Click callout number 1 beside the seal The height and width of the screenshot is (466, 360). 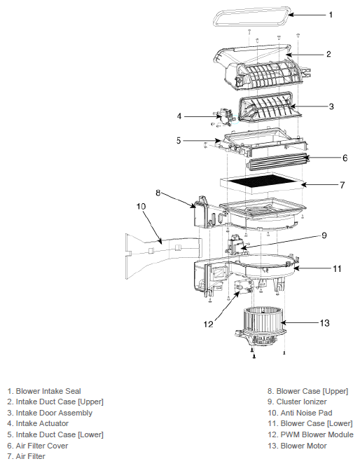click(x=331, y=15)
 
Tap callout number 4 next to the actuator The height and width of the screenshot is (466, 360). click(x=179, y=116)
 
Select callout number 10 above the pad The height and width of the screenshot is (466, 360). click(x=141, y=206)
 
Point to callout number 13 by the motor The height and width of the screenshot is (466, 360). click(x=325, y=323)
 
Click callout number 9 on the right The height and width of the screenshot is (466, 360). click(x=324, y=235)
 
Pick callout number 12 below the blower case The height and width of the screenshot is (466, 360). click(x=209, y=324)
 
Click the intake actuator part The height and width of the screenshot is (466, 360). click(x=224, y=117)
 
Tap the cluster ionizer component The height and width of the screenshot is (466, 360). click(x=235, y=245)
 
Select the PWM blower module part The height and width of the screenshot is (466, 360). click(x=244, y=287)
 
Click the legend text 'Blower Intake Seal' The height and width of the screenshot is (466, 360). click(x=44, y=391)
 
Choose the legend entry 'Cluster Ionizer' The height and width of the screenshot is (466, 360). click(x=297, y=402)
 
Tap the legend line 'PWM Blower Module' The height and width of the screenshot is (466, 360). click(x=310, y=434)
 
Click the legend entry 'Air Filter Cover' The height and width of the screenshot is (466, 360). click(x=38, y=446)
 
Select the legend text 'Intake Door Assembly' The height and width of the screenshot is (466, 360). click(x=50, y=413)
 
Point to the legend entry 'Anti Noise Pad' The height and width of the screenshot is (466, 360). click(x=300, y=413)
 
